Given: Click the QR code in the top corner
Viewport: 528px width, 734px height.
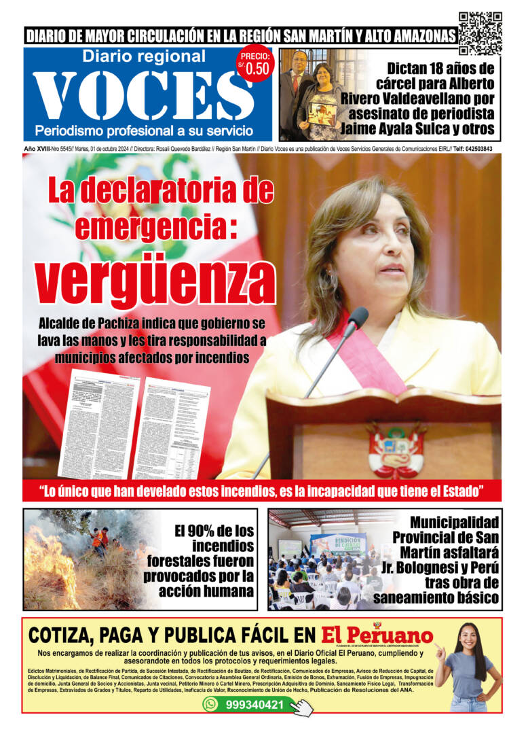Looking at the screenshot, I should click(x=480, y=33).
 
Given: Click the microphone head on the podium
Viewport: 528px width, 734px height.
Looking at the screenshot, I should click(x=358, y=317).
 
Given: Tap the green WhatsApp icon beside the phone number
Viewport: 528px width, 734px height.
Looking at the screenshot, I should click(x=210, y=704).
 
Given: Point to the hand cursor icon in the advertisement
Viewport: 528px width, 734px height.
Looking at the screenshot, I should click(x=303, y=707).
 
